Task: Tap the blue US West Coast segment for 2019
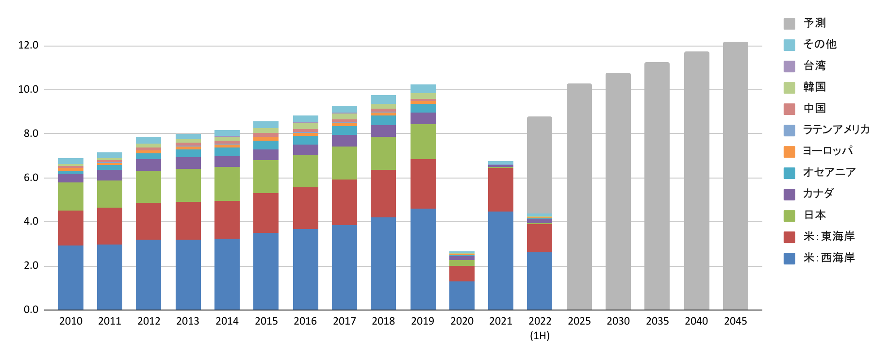click(x=423, y=259)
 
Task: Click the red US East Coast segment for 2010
click(x=71, y=228)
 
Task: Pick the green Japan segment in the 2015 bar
click(x=266, y=177)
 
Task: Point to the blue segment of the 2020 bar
click(x=461, y=295)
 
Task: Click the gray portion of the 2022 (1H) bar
click(x=540, y=165)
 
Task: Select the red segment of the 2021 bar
click(x=501, y=190)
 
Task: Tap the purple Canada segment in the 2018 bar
click(x=383, y=131)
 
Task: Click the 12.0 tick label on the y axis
click(x=28, y=46)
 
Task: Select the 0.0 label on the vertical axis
click(x=31, y=310)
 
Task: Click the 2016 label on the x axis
click(x=305, y=321)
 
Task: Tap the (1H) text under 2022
click(x=540, y=336)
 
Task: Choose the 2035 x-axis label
click(x=657, y=321)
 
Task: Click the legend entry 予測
click(x=814, y=23)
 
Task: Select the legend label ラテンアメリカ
click(x=836, y=130)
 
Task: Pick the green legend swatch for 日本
click(x=789, y=215)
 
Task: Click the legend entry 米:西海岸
click(x=829, y=258)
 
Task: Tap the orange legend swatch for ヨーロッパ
click(x=789, y=151)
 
